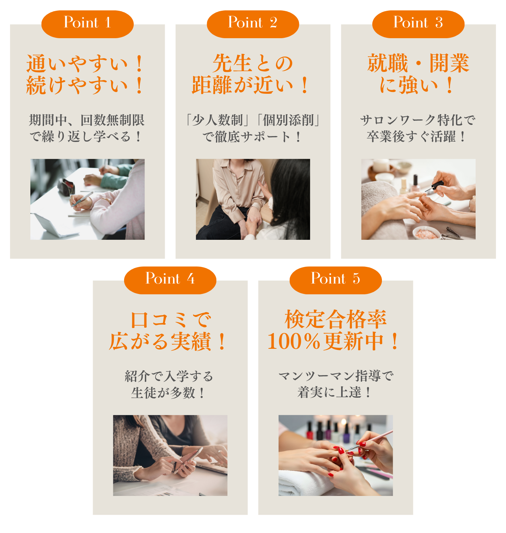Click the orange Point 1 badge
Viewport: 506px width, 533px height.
pyautogui.click(x=87, y=24)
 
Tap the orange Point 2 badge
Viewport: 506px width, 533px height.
pyautogui.click(x=253, y=24)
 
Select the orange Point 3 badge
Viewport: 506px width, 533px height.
pyautogui.click(x=418, y=24)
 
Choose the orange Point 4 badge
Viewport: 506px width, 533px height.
pyautogui.click(x=170, y=280)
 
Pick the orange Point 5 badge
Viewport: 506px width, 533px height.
pyautogui.click(x=335, y=280)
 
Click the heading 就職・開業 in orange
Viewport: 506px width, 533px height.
pyautogui.click(x=418, y=63)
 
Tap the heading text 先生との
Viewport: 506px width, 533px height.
pyautogui.click(x=253, y=63)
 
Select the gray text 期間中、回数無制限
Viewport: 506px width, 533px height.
pyautogui.click(x=87, y=120)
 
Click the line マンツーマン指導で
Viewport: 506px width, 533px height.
pyautogui.click(x=336, y=376)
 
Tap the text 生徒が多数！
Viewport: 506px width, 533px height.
pyautogui.click(x=168, y=392)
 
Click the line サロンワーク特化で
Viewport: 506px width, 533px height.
pyautogui.click(x=417, y=120)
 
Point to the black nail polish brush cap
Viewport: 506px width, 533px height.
pyautogui.click(x=436, y=186)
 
